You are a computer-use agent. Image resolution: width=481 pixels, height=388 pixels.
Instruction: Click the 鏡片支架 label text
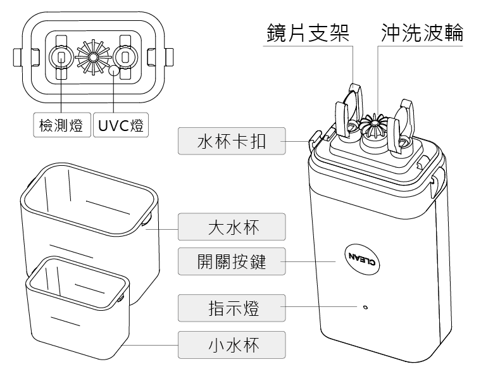coord(308,32)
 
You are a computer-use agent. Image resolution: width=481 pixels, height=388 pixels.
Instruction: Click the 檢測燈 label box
coord(61,125)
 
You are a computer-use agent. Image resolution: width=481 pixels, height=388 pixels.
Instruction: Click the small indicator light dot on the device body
coord(366,308)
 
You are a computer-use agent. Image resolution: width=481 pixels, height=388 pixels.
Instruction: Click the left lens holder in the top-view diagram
coord(61,58)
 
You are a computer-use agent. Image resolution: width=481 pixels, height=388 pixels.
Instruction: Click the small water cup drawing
coord(76,304)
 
